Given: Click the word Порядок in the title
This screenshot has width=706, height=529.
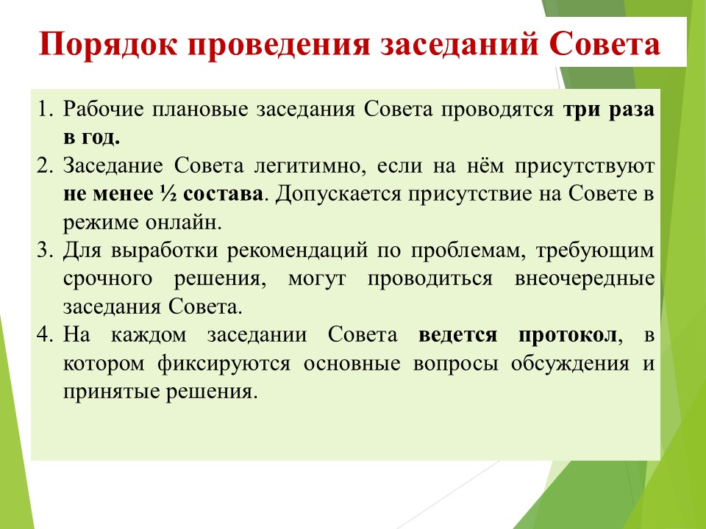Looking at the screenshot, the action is coord(108,45).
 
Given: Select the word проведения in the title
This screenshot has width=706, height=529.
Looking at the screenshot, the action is coord(279,45).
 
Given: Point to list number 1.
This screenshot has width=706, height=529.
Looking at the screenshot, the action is coord(46,109).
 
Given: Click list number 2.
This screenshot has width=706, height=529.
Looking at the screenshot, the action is coord(46,165).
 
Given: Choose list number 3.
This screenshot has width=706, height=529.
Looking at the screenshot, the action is coord(46,250).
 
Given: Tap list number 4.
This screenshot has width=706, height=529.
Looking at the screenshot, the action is coord(46,335).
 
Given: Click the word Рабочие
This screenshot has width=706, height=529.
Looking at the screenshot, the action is coord(103,109).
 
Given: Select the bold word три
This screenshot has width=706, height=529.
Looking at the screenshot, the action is coord(581,109).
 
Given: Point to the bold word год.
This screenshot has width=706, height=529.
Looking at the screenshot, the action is coord(101,137).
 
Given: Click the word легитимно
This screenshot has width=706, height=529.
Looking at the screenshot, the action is coord(308,166).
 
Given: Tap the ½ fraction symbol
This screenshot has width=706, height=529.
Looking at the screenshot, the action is coord(168,194).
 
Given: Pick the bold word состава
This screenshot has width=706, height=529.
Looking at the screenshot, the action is coord(224,194).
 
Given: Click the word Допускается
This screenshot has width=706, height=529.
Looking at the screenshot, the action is coord(338,194).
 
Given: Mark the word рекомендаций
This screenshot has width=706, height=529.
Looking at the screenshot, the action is coord(298,251).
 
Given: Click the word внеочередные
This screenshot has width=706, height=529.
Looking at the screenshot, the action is coord(585,279).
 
